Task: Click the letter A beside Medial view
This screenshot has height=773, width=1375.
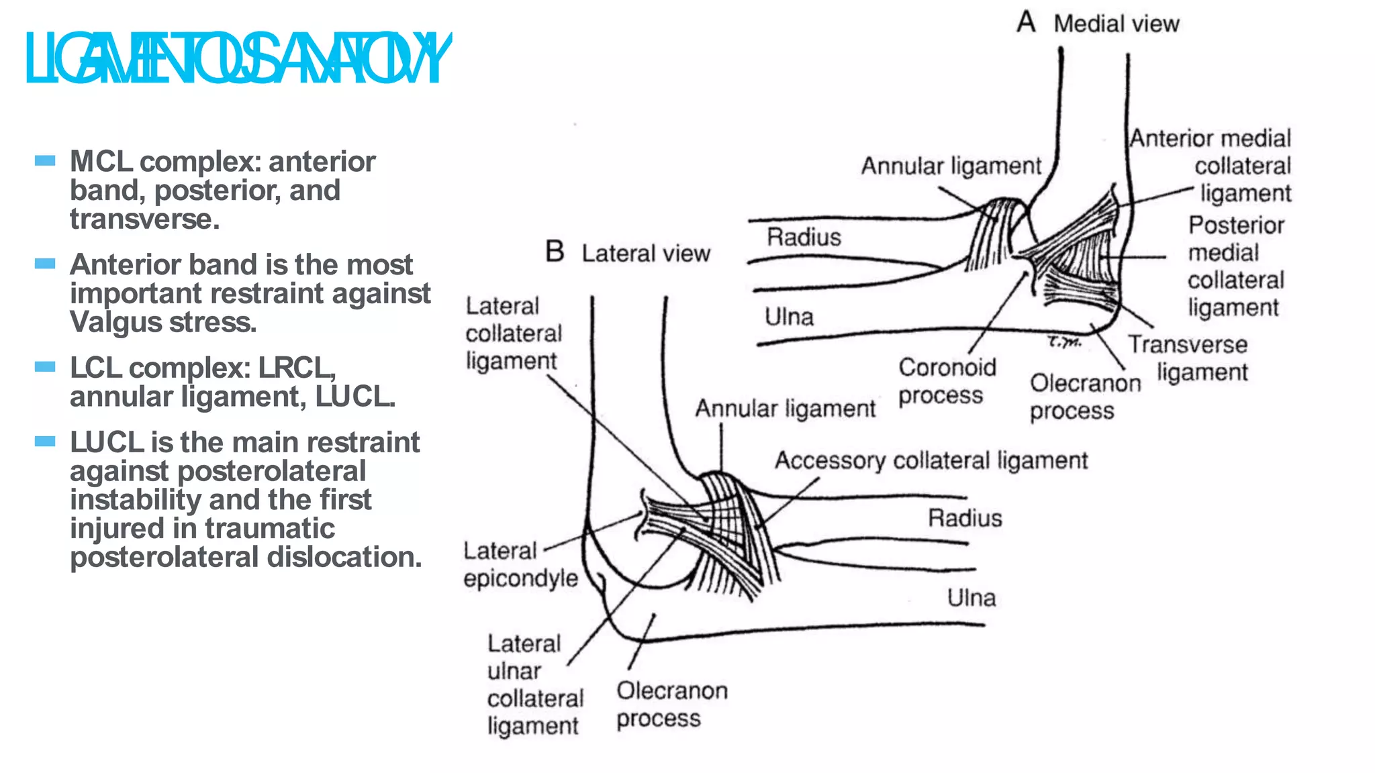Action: click(1025, 22)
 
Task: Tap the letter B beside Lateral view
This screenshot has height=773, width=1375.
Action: click(555, 252)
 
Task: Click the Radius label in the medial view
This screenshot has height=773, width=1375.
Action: click(804, 237)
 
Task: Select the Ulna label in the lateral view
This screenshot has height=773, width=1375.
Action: click(971, 597)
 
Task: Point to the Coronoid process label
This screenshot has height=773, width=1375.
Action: click(947, 381)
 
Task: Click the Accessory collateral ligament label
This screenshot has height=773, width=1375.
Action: click(931, 460)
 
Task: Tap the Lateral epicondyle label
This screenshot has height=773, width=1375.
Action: click(520, 564)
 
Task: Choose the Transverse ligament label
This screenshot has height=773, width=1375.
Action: click(1188, 358)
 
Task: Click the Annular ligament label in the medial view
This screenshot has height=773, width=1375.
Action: click(951, 166)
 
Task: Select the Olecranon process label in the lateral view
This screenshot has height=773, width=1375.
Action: click(671, 704)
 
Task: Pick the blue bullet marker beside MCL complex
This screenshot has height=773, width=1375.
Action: click(45, 160)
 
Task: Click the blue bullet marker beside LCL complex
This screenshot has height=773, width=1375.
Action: click(45, 366)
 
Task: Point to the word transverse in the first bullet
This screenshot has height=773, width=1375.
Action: click(144, 219)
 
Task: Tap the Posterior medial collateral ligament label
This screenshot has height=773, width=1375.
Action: click(1235, 266)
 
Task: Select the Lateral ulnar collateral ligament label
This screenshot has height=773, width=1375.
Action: click(534, 684)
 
